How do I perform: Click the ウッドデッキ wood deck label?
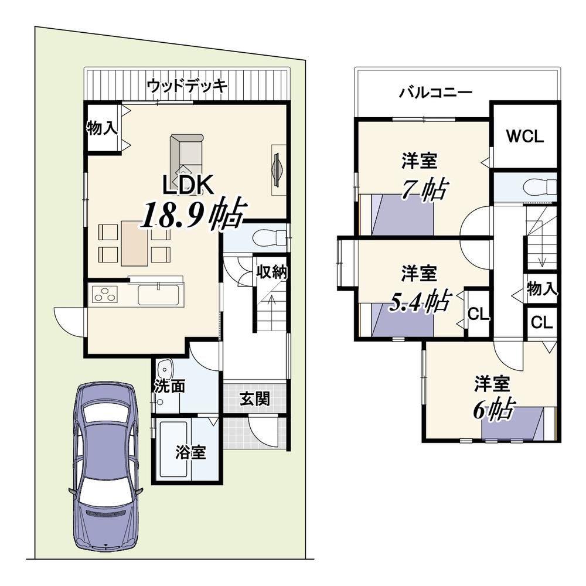point(188,86)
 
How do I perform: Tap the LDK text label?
point(188,185)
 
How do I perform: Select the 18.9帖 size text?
point(194,216)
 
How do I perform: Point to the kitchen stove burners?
point(105,293)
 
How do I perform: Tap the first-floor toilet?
point(269,237)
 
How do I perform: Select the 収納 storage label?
point(272,272)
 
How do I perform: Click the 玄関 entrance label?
point(254,399)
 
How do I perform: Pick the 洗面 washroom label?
point(170,387)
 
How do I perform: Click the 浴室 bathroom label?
point(190,452)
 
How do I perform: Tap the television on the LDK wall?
point(277,170)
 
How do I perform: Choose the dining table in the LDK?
point(135,243)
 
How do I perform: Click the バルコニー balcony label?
point(436,92)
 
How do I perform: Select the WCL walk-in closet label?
point(524,137)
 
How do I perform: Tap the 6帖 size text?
point(494,410)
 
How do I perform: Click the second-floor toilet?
point(540,187)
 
